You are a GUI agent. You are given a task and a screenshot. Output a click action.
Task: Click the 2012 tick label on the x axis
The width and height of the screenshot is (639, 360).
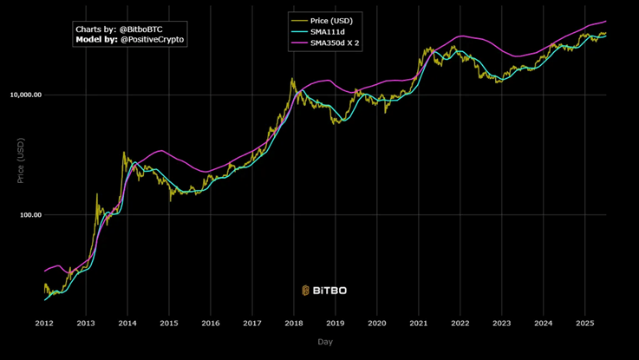click(x=44, y=323)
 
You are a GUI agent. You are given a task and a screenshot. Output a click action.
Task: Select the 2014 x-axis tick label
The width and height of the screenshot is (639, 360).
click(x=127, y=323)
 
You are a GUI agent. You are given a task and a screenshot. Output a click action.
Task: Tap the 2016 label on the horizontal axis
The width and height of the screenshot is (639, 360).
click(x=211, y=323)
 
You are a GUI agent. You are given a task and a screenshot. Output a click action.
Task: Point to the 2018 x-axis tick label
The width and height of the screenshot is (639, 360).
click(x=294, y=323)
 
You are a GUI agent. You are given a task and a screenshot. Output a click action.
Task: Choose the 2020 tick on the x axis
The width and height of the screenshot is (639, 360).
click(x=376, y=323)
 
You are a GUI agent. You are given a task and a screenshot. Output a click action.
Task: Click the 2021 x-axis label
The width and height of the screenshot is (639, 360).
click(x=418, y=323)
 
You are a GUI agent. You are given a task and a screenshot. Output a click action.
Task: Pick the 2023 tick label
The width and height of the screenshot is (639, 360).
click(x=501, y=323)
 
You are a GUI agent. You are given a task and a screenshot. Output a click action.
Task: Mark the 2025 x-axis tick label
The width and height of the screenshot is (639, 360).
click(x=584, y=323)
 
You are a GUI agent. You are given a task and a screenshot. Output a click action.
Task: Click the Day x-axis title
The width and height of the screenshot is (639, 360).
click(x=324, y=342)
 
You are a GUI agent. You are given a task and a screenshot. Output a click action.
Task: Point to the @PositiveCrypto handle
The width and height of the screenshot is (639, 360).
click(x=152, y=40)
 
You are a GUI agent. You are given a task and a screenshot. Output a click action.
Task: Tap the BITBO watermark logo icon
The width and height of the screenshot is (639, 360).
click(x=306, y=291)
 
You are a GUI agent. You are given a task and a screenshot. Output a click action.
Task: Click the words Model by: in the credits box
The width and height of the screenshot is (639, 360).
click(x=96, y=40)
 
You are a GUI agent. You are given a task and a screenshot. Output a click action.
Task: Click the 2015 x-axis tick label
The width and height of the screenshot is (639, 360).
click(x=169, y=323)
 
